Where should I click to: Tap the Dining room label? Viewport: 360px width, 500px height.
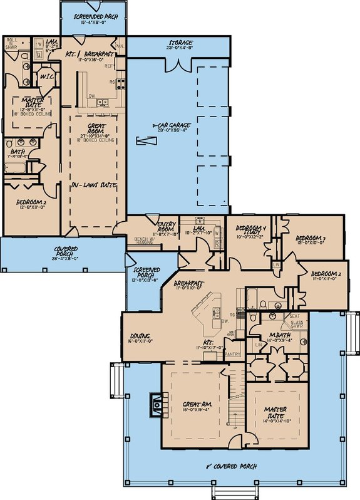139,338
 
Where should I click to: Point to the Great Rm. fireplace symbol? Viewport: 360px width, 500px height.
155,405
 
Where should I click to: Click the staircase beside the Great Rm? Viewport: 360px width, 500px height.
235,401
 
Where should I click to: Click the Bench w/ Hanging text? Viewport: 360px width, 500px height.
147,241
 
